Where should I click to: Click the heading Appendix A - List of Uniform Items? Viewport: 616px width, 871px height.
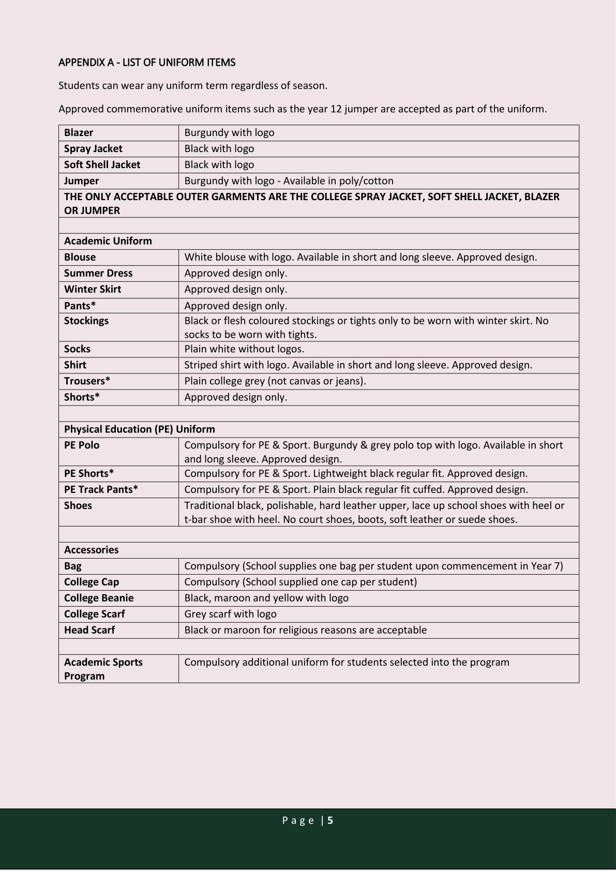coord(147,63)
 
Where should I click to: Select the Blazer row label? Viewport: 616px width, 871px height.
coord(79,132)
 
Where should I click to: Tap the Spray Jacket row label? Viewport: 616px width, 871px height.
coord(93,148)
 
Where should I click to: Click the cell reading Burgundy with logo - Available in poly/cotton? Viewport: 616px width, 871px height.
coord(289,181)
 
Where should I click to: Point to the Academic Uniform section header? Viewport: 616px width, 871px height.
coord(108,241)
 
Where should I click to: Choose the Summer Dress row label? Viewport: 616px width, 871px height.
coord(98,273)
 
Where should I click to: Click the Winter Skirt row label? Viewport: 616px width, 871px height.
coord(93,289)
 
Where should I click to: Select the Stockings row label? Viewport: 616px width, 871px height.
coord(86,321)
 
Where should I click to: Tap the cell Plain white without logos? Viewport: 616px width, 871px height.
coord(244,349)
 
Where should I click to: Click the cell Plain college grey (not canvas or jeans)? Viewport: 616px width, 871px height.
coord(275,381)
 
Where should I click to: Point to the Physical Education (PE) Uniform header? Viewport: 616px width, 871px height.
coord(140,429)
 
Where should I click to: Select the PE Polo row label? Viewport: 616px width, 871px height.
coord(82,445)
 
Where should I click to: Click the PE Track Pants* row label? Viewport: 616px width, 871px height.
coord(101,489)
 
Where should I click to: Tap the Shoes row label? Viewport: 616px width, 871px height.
coord(78,505)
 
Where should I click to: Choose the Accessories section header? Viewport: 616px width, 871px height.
coord(91,550)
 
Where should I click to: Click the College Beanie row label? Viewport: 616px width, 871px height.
coord(99,598)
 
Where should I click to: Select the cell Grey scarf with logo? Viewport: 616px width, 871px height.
coord(230,614)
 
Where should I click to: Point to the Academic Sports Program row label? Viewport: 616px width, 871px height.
coord(103,669)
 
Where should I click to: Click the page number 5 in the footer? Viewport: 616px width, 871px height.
coord(330,820)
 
